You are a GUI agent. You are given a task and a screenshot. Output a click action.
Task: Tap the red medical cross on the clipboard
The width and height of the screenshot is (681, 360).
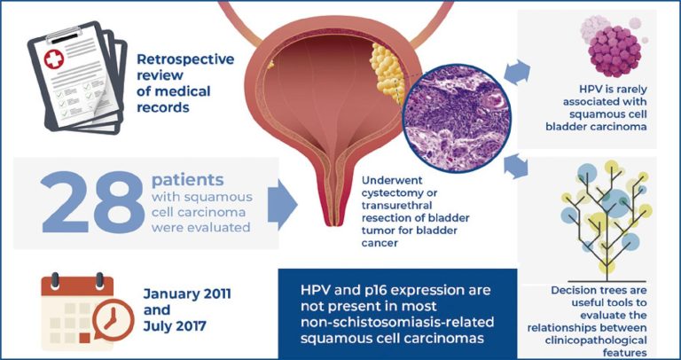pyautogui.click(x=54, y=59)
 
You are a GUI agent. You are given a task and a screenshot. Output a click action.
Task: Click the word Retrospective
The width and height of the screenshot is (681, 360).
pyautogui.click(x=185, y=59)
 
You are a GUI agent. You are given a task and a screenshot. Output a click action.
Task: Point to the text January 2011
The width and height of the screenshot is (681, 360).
pyautogui.click(x=187, y=294)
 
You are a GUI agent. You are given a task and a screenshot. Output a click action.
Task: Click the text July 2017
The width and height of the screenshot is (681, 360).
pyautogui.click(x=175, y=326)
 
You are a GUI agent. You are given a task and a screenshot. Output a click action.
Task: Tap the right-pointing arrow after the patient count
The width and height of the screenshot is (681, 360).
pyautogui.click(x=282, y=203)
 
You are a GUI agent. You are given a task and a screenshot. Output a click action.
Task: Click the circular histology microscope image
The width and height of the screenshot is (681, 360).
pyautogui.click(x=457, y=118)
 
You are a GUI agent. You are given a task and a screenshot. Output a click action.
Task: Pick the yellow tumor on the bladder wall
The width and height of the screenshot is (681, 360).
pyautogui.click(x=387, y=73)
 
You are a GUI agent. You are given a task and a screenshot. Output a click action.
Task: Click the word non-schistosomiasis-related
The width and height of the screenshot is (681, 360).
pyautogui.click(x=397, y=323)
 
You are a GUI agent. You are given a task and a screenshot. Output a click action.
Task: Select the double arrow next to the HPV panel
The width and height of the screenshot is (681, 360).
pyautogui.click(x=517, y=72)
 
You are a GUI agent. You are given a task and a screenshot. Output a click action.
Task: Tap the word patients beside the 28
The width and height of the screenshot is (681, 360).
pyautogui.click(x=188, y=181)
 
